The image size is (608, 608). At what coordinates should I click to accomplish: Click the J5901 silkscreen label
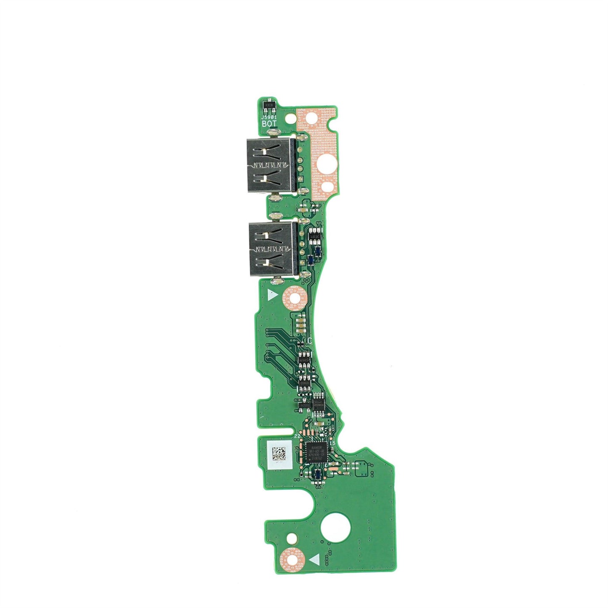pos(269,117)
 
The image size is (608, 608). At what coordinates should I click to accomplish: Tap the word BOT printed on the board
pos(269,124)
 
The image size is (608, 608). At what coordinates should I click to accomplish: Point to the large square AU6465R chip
pos(318,453)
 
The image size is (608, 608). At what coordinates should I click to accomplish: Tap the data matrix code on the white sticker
pos(280,453)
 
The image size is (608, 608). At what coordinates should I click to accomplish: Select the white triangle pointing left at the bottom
pos(314,560)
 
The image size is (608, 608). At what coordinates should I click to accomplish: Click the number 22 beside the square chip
pos(297,436)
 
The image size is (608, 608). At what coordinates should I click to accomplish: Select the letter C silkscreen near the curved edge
pos(310,340)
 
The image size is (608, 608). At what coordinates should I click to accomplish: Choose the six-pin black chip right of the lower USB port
pos(314,237)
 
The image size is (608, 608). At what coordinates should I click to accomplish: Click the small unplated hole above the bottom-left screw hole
pos(290,537)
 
